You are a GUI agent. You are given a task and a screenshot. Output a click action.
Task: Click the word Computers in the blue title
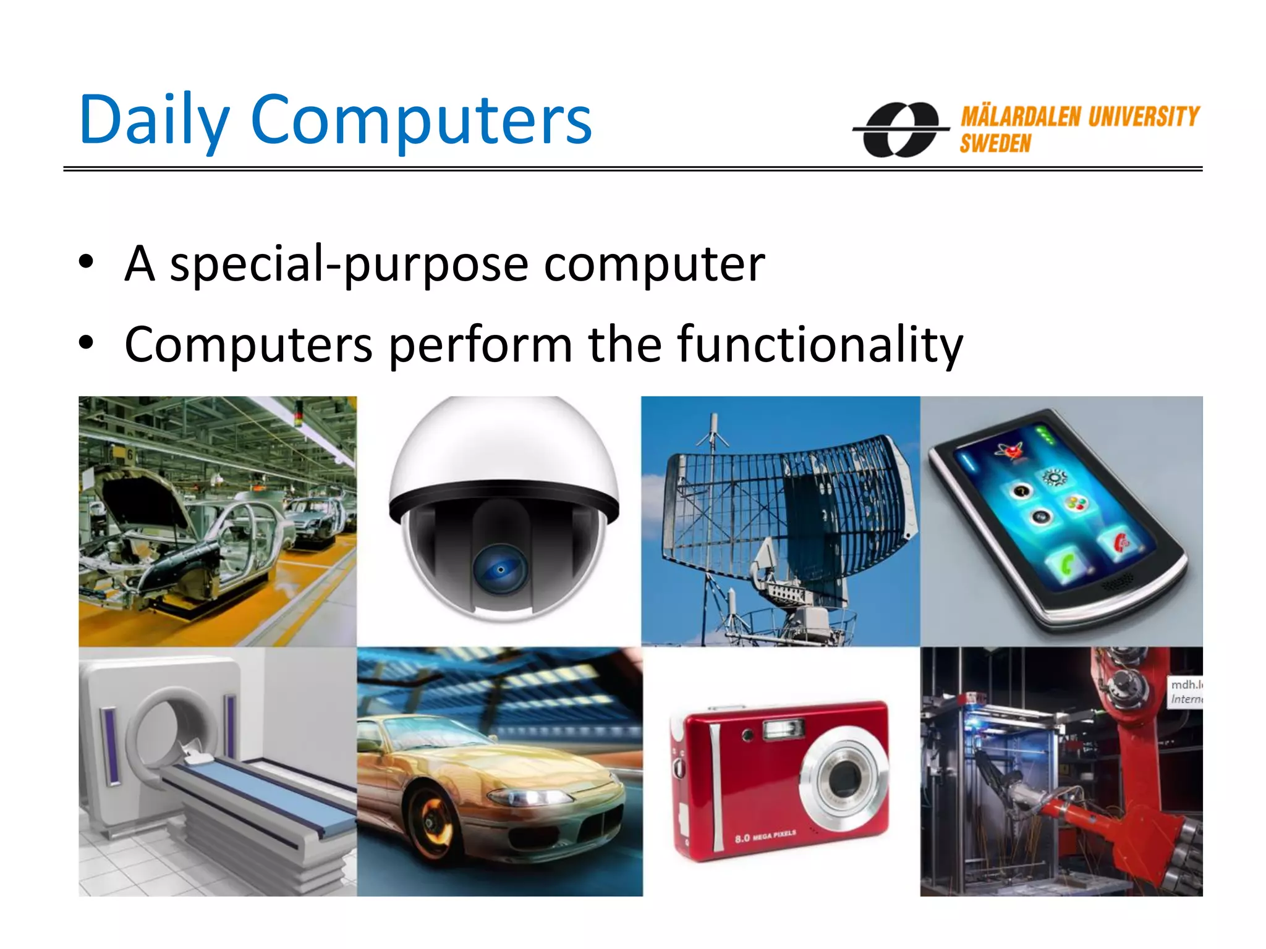point(421,120)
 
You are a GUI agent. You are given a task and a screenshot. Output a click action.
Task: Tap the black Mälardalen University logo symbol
point(901,129)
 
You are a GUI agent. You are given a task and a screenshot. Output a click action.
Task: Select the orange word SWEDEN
point(995,144)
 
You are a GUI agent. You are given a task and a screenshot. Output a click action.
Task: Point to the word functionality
point(820,344)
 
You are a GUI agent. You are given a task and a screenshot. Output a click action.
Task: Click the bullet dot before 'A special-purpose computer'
point(87,263)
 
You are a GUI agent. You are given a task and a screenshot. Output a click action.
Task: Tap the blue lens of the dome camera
point(500,569)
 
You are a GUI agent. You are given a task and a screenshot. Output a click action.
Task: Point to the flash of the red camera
point(783,730)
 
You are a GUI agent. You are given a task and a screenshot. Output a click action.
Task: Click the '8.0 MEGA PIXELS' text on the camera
point(765,837)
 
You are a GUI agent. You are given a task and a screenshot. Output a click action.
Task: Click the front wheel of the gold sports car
point(429,819)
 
